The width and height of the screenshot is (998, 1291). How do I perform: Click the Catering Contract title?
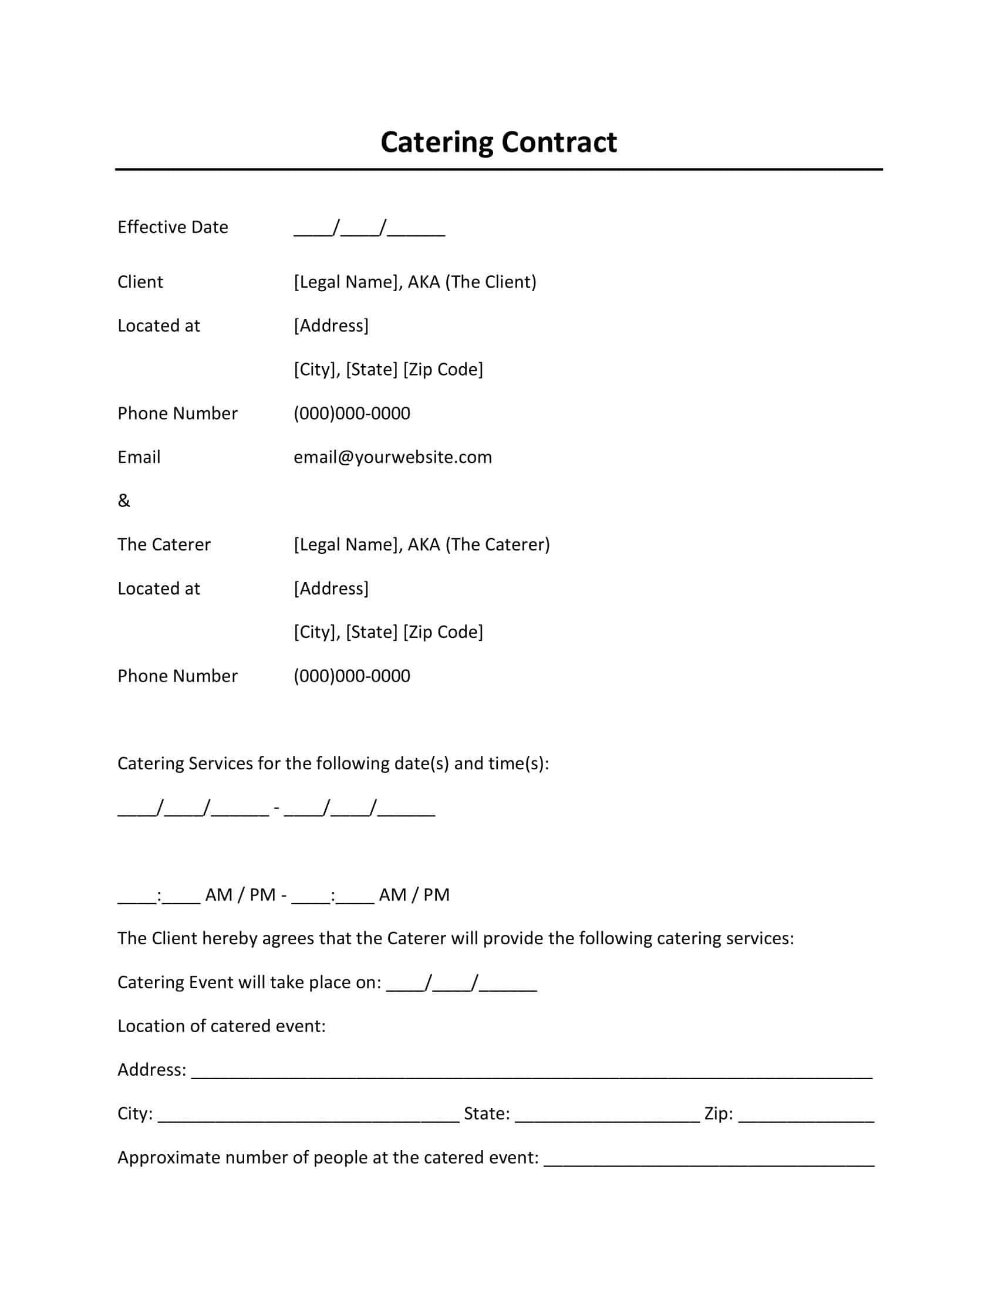(498, 143)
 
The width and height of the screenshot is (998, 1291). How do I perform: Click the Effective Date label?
(173, 227)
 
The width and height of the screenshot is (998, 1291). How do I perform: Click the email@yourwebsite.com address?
(393, 457)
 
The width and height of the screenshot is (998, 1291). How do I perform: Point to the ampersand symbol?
(123, 501)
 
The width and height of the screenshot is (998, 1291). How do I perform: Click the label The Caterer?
(164, 545)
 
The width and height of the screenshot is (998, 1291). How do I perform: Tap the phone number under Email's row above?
(352, 413)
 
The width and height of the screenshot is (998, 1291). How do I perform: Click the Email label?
(139, 457)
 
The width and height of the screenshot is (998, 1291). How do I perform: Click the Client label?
(140, 282)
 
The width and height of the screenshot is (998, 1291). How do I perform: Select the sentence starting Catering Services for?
(333, 763)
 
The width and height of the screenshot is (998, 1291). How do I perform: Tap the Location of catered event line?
(221, 1026)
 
